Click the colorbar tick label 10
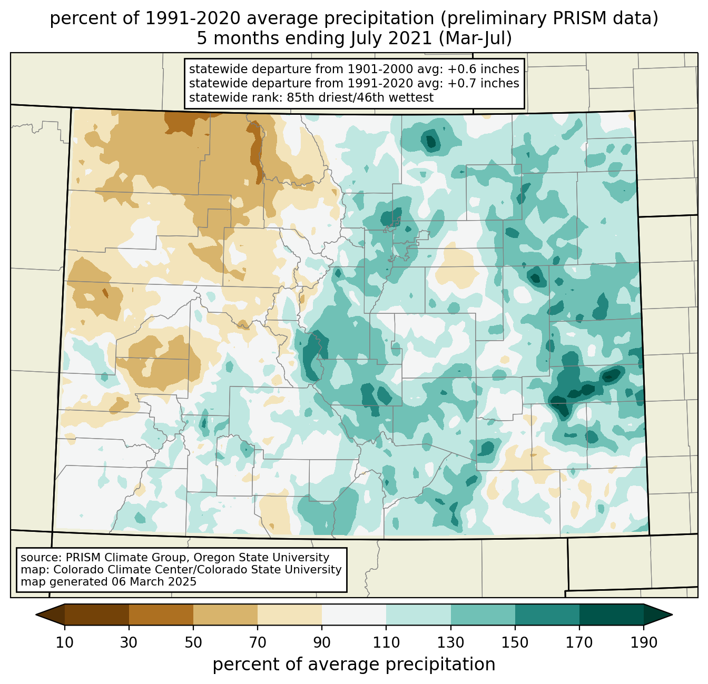point(65,642)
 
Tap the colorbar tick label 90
point(322,642)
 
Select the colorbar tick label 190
point(644,642)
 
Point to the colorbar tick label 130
point(451,642)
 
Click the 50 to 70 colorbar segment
point(225,614)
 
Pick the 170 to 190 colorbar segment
point(612,614)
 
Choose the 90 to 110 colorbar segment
point(354,614)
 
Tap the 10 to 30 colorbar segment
point(97,614)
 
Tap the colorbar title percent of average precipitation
point(354,665)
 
